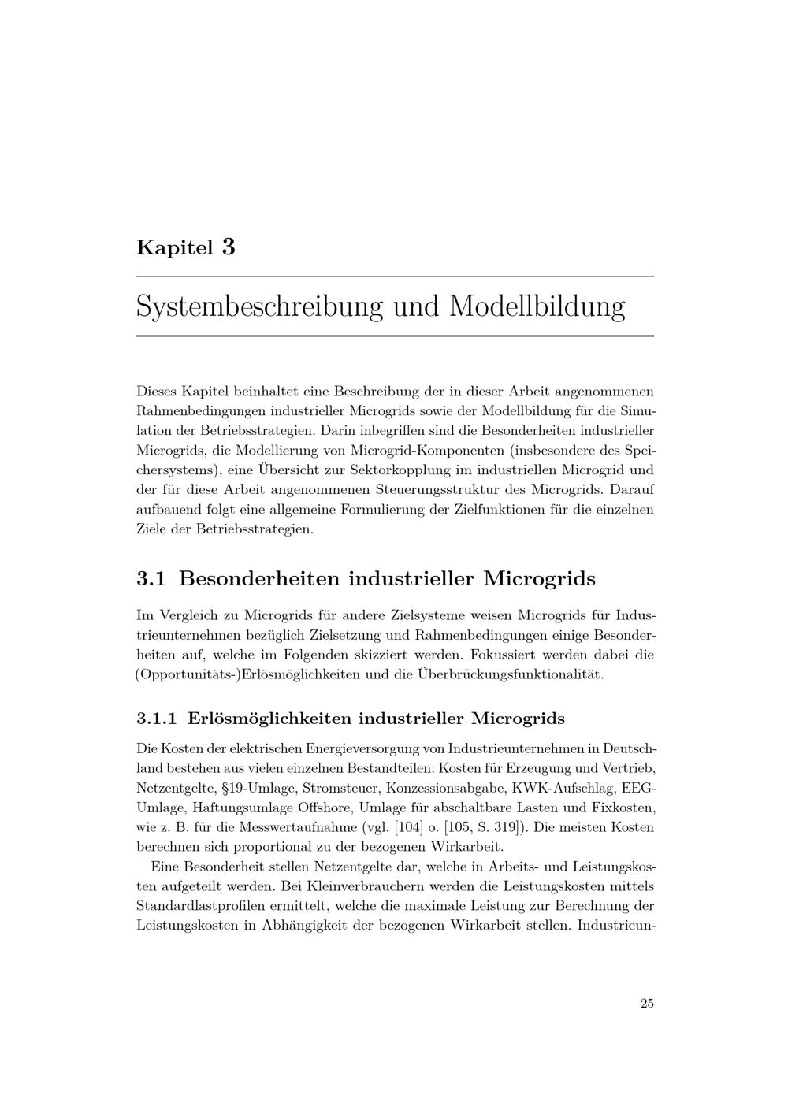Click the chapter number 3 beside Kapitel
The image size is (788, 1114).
(x=229, y=247)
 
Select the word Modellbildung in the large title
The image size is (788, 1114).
(x=537, y=306)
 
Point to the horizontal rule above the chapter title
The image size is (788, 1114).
(x=395, y=277)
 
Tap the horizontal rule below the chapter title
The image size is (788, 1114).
(x=395, y=336)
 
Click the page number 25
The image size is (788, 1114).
(x=647, y=1004)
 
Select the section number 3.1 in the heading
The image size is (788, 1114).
(x=151, y=579)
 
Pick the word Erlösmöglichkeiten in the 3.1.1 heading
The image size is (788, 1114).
(x=269, y=719)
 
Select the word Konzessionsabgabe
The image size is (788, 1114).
(x=444, y=787)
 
